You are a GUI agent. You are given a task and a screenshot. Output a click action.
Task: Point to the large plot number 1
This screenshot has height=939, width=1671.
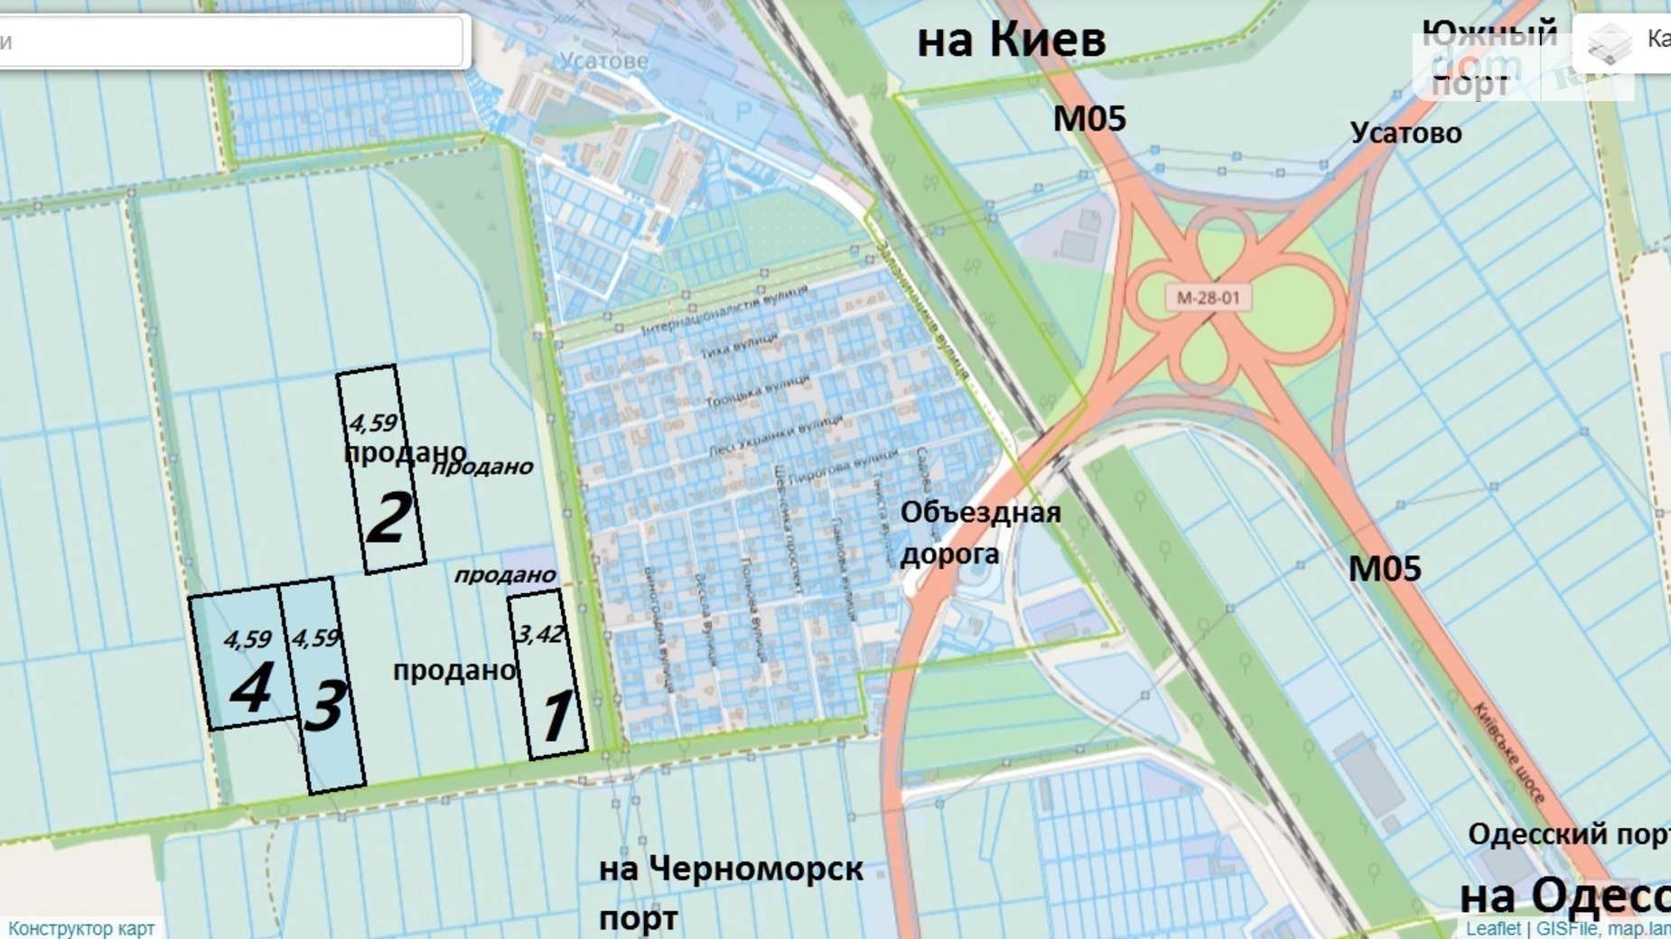[x=555, y=717]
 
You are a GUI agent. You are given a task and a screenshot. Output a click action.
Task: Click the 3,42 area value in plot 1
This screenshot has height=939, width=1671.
[x=539, y=634]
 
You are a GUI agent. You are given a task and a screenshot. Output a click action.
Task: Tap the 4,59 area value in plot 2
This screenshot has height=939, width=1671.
[x=372, y=423]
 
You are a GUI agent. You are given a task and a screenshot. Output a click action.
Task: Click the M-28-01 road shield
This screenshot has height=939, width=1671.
[x=1208, y=298]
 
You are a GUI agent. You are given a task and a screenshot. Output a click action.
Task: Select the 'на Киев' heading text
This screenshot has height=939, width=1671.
[x=1011, y=41]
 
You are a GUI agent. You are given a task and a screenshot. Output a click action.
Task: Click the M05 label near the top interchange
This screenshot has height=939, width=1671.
[x=1089, y=119]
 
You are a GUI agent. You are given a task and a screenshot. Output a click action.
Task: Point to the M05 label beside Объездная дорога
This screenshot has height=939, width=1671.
[x=1385, y=569]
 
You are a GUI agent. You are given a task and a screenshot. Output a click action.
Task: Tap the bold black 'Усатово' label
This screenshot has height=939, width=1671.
[x=1405, y=134]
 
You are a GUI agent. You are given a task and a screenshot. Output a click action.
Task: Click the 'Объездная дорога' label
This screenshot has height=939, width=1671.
[x=979, y=533]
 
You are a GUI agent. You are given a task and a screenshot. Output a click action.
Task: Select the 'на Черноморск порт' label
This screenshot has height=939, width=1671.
[x=730, y=892]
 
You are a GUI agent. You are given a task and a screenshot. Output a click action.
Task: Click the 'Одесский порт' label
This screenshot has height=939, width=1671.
[x=1568, y=834]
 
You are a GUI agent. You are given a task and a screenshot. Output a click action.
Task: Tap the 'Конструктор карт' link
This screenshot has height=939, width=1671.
[x=81, y=928]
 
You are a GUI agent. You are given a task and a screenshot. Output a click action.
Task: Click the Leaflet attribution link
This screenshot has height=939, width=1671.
[x=1492, y=928]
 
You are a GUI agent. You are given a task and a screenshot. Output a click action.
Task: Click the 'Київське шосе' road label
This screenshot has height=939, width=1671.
[x=1509, y=752]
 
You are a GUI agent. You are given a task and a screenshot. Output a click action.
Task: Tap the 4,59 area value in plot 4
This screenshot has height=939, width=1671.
[x=247, y=639]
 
